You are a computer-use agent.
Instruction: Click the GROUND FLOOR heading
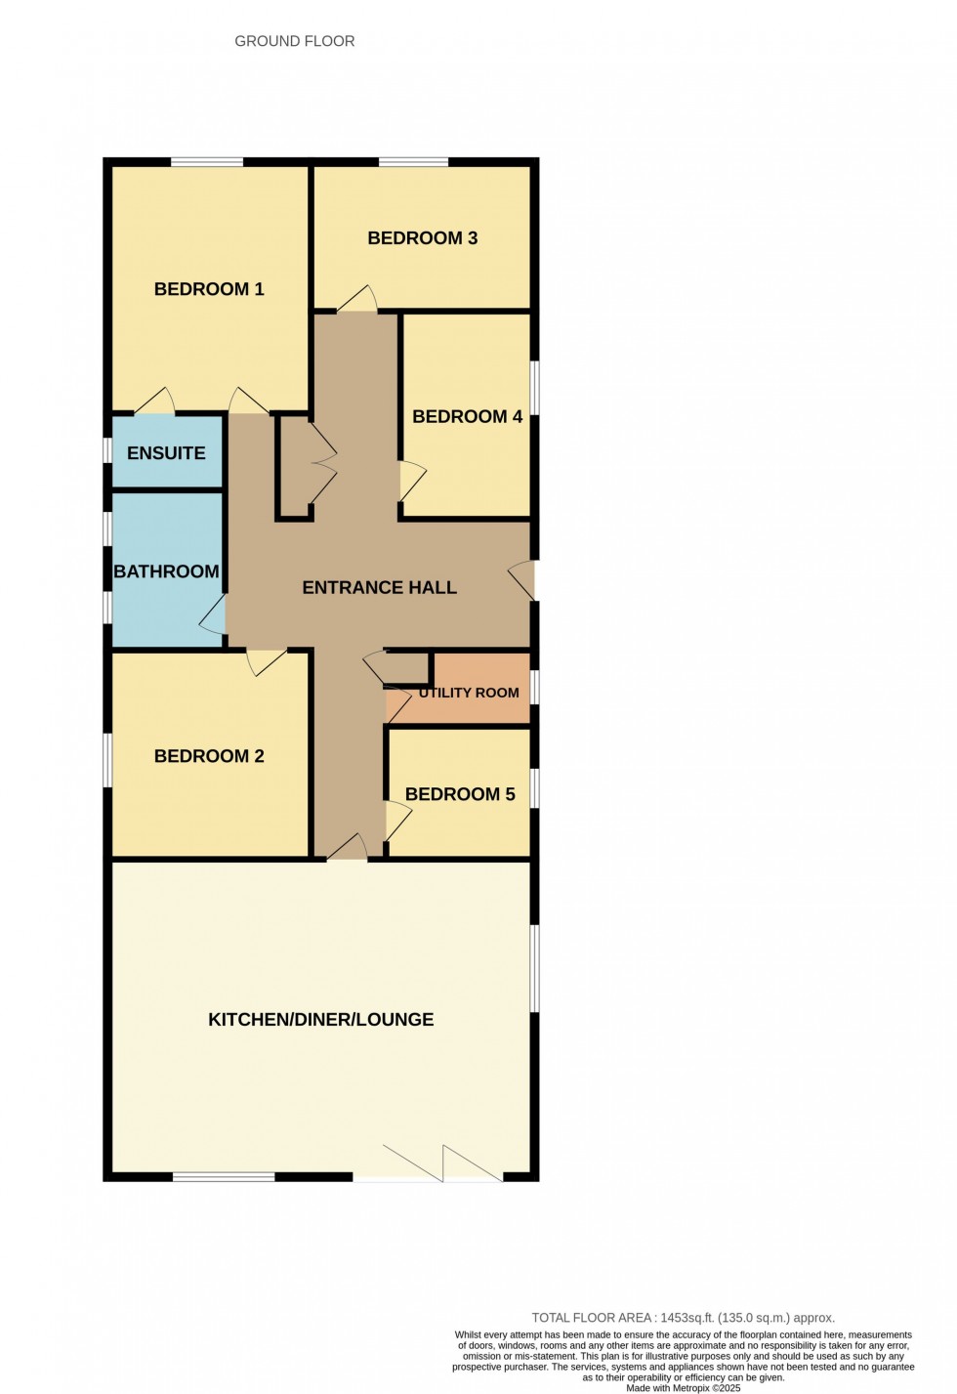click(294, 41)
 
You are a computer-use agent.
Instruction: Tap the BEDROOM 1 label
click(209, 289)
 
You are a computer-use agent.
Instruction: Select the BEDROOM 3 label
click(422, 238)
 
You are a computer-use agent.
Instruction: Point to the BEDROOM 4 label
click(467, 417)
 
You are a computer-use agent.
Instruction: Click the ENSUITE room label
click(166, 453)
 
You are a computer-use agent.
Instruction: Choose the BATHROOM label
click(166, 571)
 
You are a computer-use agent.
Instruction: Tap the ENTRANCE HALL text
click(379, 588)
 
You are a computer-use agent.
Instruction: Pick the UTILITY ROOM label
click(469, 693)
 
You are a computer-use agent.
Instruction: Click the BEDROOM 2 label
click(209, 756)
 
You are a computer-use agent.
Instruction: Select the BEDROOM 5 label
click(459, 794)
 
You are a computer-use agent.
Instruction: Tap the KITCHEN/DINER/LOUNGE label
click(320, 1020)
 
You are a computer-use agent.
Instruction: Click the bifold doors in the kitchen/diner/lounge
click(442, 1163)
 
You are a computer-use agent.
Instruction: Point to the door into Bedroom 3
click(357, 300)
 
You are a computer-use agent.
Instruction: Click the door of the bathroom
click(214, 616)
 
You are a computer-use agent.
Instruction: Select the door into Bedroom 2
click(265, 661)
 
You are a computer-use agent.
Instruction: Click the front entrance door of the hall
click(523, 580)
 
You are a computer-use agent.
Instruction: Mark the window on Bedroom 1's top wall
click(207, 162)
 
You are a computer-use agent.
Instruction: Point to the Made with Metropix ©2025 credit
click(684, 1388)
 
